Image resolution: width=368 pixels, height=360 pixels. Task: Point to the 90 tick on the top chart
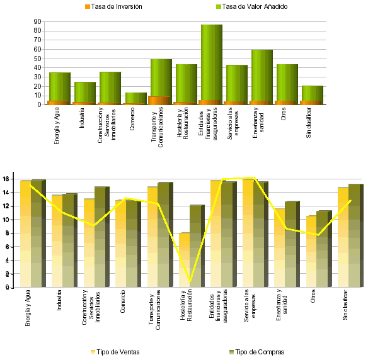[x=37, y=21]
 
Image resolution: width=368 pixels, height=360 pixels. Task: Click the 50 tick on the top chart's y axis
[x=37, y=59]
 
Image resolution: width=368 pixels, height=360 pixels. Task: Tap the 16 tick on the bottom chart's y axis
[x=5, y=179]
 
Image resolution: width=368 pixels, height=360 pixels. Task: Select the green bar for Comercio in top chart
[x=136, y=98]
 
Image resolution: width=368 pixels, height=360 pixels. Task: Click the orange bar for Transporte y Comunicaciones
[x=159, y=101]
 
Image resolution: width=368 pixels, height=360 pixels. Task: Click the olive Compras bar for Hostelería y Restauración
[x=197, y=245]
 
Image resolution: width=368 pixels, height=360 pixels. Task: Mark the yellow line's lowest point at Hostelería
[x=190, y=281]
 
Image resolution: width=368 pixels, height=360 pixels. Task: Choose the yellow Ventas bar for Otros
[x=311, y=252]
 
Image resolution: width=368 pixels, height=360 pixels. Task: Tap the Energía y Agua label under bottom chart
[x=27, y=310]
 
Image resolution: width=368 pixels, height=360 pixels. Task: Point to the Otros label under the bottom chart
[x=313, y=302]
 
